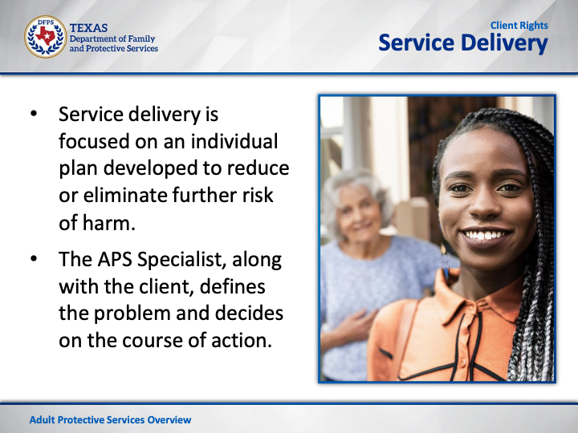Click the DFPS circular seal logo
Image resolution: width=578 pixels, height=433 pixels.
[45, 37]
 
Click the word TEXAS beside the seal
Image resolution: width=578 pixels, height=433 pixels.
[88, 28]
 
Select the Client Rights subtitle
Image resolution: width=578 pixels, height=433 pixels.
[519, 26]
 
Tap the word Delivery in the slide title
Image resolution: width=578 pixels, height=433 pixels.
[504, 43]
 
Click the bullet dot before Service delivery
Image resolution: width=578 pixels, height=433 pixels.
[34, 113]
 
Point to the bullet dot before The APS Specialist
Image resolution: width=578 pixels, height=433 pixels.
[34, 258]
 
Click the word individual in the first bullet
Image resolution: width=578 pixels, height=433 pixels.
[234, 141]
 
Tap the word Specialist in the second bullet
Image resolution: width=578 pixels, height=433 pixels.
[181, 260]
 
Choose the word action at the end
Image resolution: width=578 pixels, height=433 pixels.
[242, 340]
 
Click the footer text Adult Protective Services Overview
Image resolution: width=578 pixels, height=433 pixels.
[110, 419]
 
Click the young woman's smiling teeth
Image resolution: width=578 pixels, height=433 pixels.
[485, 235]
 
